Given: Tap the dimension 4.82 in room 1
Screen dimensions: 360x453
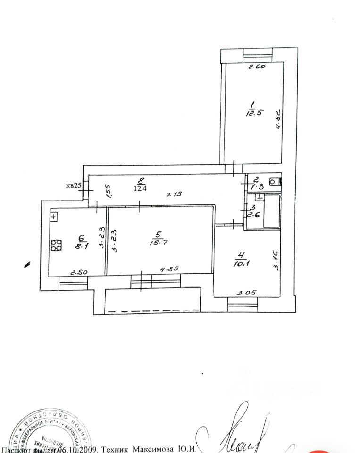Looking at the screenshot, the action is click(279, 120).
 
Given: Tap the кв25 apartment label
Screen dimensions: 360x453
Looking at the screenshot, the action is click(74, 185).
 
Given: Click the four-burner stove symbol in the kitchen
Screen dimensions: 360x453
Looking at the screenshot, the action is click(56, 245).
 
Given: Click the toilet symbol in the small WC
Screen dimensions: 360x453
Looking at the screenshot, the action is click(273, 181).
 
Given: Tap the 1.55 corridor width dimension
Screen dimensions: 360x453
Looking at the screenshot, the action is click(109, 191).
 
